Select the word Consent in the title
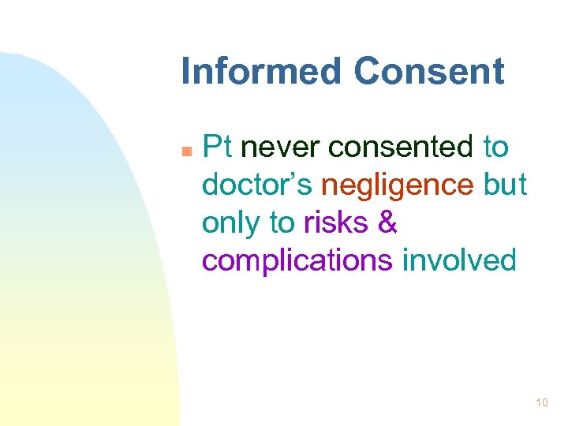pyautogui.click(x=428, y=71)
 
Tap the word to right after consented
pyautogui.click(x=495, y=147)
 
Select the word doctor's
pyautogui.click(x=258, y=185)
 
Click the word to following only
pyautogui.click(x=282, y=223)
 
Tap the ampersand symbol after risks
pyautogui.click(x=388, y=223)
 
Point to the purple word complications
pyautogui.click(x=297, y=261)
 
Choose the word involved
pyautogui.click(x=459, y=260)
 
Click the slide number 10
pyautogui.click(x=541, y=404)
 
